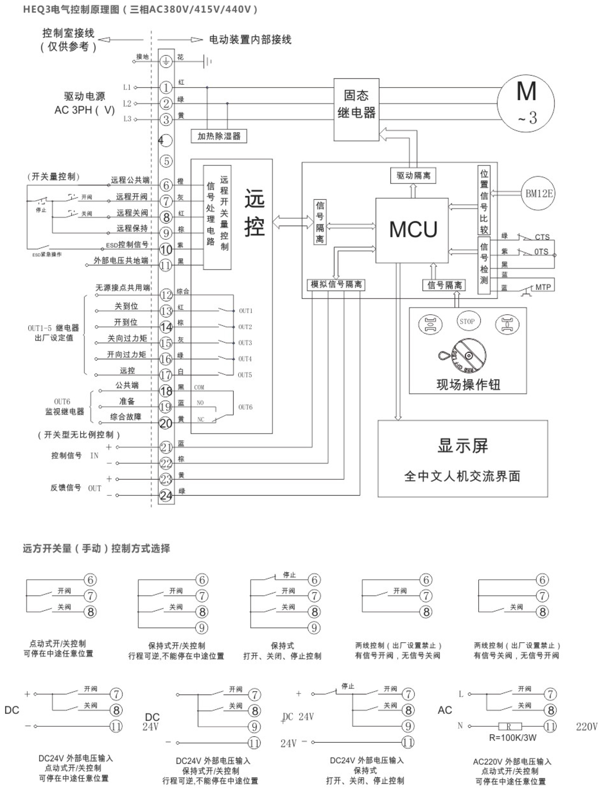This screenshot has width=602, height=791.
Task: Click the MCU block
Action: click(x=412, y=230)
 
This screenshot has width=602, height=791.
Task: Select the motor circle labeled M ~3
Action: click(x=525, y=102)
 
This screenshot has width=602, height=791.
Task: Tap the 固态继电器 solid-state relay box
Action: click(x=356, y=109)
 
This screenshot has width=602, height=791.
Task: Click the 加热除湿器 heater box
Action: click(x=219, y=136)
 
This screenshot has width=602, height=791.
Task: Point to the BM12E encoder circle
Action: click(x=538, y=194)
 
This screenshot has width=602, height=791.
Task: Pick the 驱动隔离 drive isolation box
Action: click(x=413, y=176)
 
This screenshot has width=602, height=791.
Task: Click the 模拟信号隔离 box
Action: click(x=336, y=285)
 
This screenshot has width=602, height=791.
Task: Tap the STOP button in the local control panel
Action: click(x=467, y=321)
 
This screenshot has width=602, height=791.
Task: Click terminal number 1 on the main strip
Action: click(x=166, y=88)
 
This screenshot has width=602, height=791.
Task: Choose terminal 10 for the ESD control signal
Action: click(x=166, y=249)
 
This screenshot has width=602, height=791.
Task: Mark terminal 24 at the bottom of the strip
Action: click(x=166, y=496)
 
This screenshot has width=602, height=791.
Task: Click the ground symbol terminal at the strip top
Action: click(x=166, y=62)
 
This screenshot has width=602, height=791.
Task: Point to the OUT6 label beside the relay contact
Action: click(x=245, y=407)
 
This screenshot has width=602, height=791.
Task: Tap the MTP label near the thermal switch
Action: click(x=543, y=287)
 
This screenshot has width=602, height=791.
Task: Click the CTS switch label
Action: click(x=542, y=237)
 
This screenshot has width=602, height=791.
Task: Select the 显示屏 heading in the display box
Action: click(x=463, y=446)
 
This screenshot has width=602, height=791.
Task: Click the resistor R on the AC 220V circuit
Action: click(x=510, y=726)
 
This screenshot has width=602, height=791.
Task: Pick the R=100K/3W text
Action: click(x=513, y=738)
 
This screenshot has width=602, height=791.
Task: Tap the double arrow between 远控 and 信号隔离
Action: click(x=293, y=222)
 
